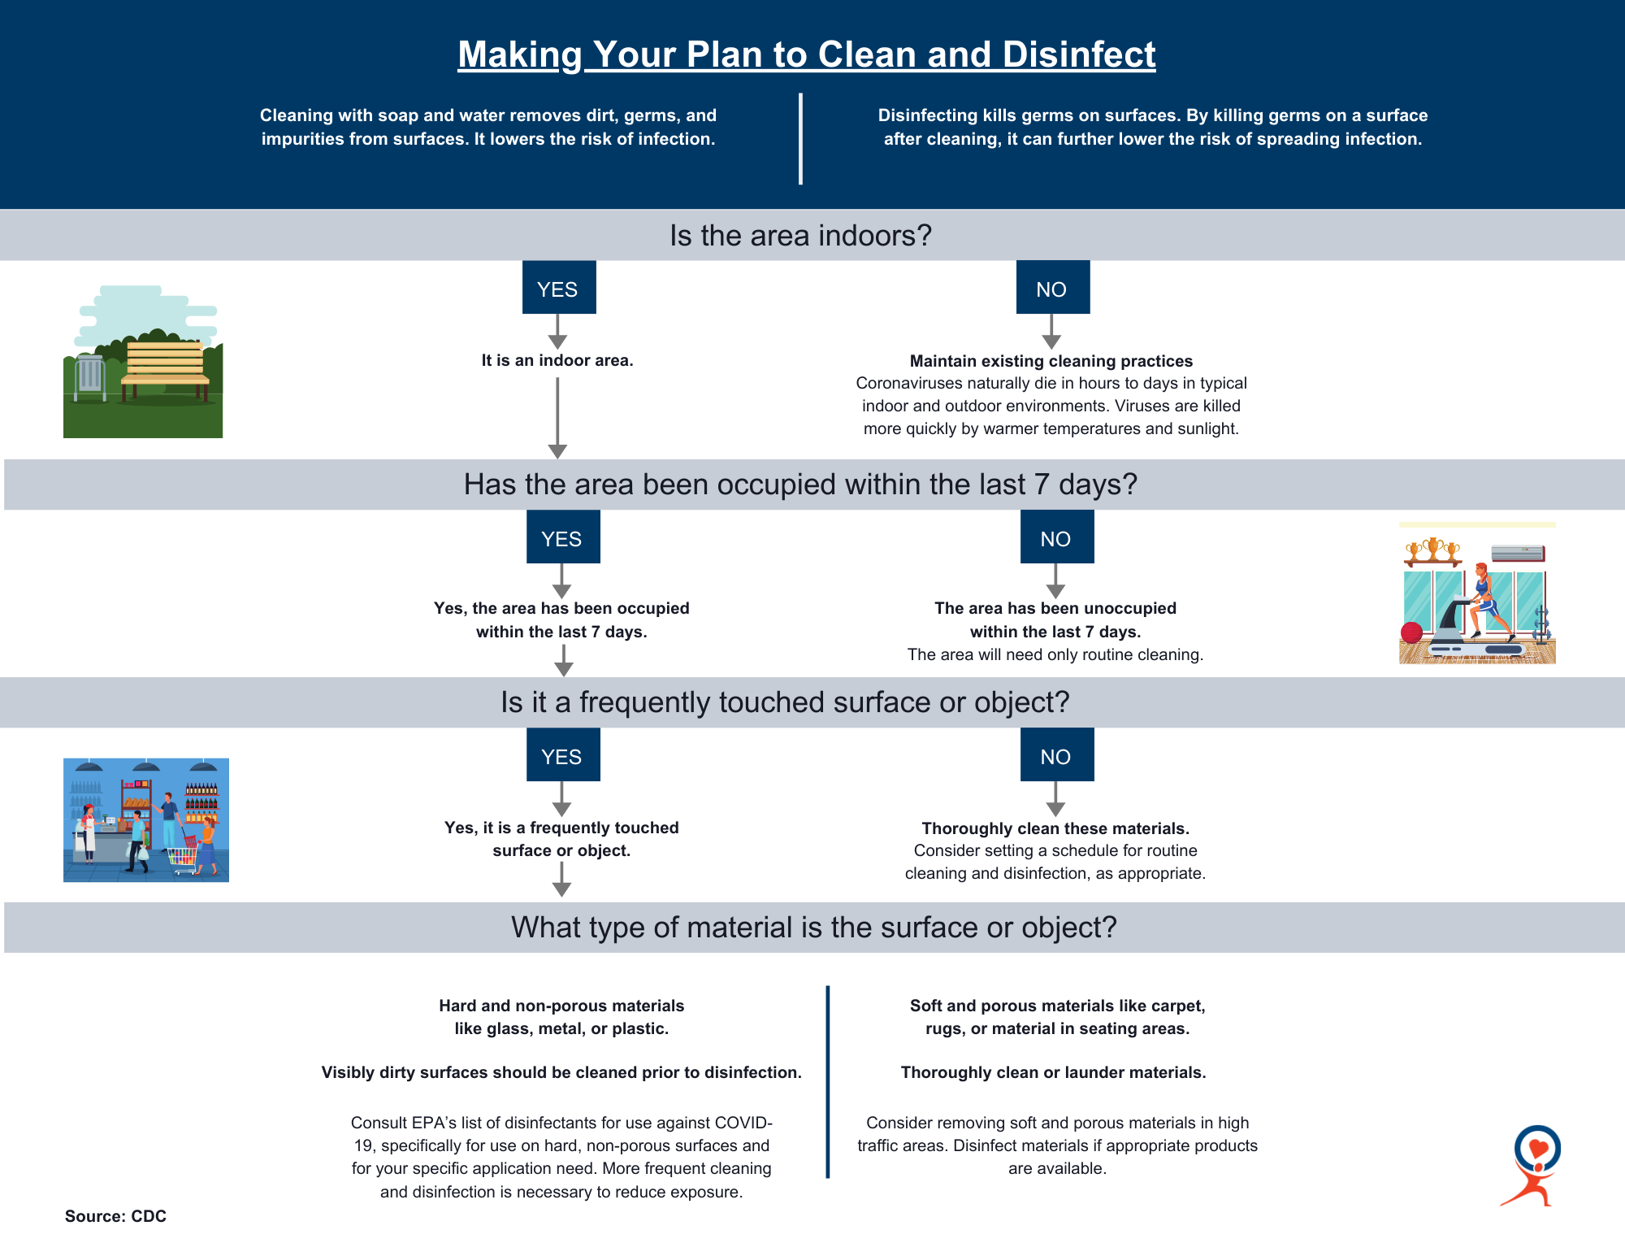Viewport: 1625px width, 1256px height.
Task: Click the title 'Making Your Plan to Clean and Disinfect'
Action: tap(806, 55)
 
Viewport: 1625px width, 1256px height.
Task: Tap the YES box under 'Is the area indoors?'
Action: tap(559, 287)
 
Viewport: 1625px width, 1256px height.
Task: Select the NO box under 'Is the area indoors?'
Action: tap(1053, 287)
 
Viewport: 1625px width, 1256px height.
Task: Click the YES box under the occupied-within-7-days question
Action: tap(563, 537)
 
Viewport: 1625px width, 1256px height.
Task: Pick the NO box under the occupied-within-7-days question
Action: tap(1057, 537)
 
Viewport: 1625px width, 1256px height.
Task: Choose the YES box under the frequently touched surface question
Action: tap(563, 754)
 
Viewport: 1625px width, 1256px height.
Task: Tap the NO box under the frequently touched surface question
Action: tap(1057, 754)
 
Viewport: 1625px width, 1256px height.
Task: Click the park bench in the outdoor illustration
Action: tap(165, 371)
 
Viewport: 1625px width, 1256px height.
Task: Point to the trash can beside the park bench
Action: tap(90, 377)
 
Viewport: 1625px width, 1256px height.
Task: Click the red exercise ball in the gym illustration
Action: tap(1412, 632)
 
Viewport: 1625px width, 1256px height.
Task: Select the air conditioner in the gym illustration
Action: tap(1518, 554)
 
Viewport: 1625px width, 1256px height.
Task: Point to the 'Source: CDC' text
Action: tap(115, 1216)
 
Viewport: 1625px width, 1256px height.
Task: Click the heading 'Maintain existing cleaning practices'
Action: tap(1051, 361)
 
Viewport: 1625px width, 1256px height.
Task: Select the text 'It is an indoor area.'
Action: tap(557, 360)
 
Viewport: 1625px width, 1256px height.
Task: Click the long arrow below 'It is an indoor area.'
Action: tap(557, 418)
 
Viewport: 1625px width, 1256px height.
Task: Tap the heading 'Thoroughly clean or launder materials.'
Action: tap(1053, 1072)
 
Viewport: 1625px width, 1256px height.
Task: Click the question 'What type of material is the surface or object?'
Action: tap(814, 928)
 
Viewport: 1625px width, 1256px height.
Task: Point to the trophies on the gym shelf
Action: tap(1433, 550)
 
